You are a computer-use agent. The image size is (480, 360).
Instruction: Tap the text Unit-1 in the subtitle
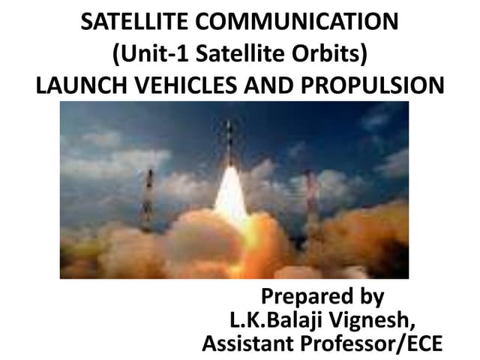(145, 54)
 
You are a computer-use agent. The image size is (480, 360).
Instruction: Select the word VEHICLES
(181, 85)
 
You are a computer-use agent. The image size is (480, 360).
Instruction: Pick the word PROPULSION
(375, 85)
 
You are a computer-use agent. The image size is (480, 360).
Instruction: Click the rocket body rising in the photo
(230, 146)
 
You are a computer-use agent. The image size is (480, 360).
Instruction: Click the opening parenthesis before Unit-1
(116, 55)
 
